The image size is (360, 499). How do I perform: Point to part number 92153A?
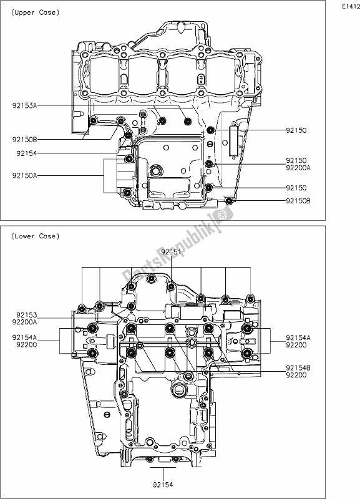24,107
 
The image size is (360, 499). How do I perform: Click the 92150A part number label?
24,176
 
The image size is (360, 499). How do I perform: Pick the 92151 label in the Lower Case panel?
171,251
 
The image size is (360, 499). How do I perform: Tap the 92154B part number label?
303,369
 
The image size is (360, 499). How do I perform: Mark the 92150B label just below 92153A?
24,140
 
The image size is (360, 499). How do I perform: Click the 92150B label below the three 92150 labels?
303,201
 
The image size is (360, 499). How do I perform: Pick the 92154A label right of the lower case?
303,337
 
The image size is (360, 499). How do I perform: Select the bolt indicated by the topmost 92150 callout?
210,130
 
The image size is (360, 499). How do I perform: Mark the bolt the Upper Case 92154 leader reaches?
128,134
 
